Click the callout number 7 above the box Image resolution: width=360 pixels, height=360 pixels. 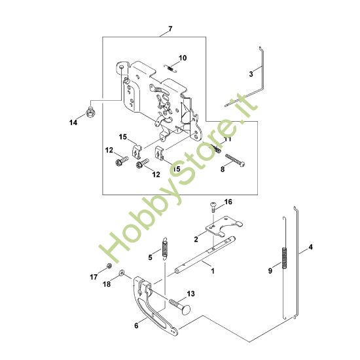(170, 29)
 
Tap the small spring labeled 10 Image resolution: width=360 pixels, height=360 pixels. (170, 69)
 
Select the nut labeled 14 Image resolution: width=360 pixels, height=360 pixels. (90, 112)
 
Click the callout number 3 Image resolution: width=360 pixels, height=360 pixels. (251, 74)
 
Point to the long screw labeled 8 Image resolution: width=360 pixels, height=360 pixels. (235, 160)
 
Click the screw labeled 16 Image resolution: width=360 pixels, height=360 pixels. (213, 206)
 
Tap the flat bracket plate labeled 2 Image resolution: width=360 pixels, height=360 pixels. (224, 226)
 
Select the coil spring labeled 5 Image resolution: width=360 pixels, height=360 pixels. (165, 249)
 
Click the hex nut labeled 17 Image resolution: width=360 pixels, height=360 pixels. (109, 266)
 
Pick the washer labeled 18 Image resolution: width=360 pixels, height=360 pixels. (121, 272)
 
